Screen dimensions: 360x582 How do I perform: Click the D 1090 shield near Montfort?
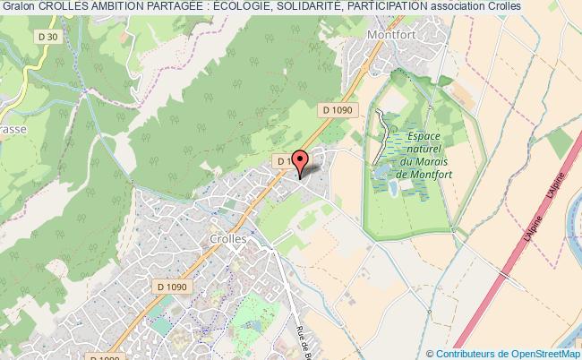pyautogui.click(x=338, y=109)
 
